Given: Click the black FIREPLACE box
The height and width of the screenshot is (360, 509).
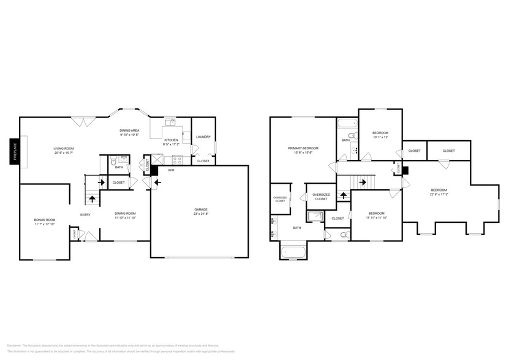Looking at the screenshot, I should pos(13,152).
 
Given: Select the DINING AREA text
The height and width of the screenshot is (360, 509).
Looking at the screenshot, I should pos(129,130).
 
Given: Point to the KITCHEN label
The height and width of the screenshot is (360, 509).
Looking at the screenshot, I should pos(171,140).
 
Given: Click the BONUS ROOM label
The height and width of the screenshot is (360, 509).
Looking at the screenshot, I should pos(44,220).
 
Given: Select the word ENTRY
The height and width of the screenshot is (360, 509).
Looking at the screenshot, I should pos(85,214).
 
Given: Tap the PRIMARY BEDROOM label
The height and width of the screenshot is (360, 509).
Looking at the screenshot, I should pos(303,148).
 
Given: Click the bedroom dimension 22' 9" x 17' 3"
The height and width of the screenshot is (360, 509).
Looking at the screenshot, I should pos(439,194).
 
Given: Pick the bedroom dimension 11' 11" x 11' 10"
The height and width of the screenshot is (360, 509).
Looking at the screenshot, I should pos(376,217).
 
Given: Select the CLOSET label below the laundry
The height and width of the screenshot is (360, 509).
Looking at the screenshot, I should pos(203,161).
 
